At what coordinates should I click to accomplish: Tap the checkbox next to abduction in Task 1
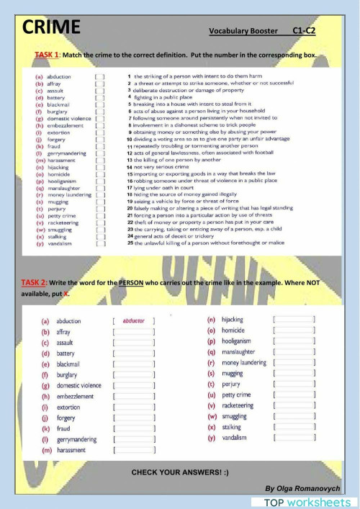(100, 76)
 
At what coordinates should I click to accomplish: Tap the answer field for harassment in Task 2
(134, 450)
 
